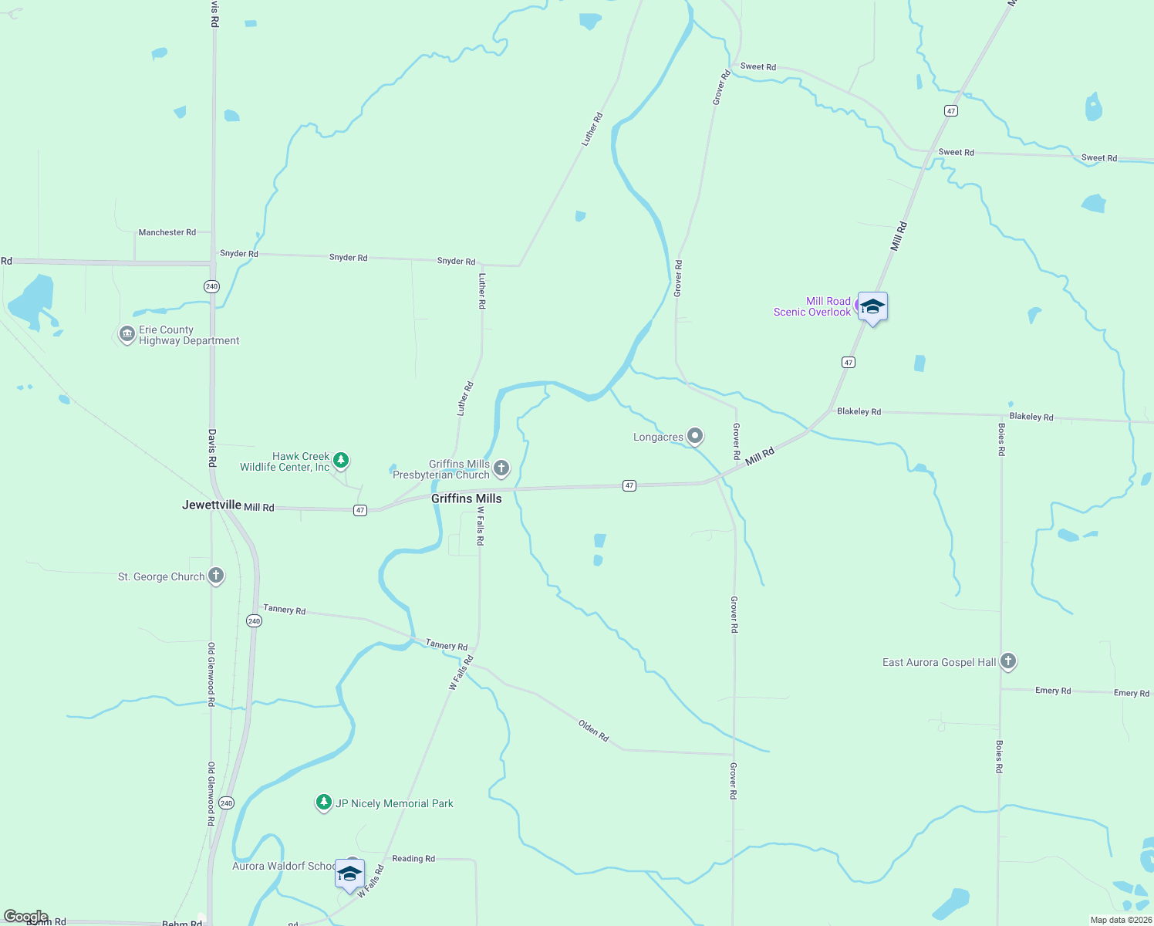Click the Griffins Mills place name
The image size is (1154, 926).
tap(466, 498)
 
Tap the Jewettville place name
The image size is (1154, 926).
tap(212, 505)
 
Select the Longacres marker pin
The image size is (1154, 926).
tap(695, 437)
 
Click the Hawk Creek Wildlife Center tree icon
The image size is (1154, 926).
tap(340, 461)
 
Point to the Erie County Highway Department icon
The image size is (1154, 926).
tap(127, 335)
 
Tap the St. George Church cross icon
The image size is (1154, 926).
tap(216, 576)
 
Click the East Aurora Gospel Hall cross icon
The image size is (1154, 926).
tap(1007, 661)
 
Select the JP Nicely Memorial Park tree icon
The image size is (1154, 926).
tap(324, 803)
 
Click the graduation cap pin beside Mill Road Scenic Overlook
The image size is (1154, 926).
tap(872, 307)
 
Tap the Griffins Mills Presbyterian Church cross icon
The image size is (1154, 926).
tap(501, 468)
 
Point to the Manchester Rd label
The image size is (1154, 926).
tap(167, 232)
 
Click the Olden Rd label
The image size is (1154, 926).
tap(594, 731)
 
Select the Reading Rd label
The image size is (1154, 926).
tap(413, 858)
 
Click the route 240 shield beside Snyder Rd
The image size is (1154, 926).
tap(211, 286)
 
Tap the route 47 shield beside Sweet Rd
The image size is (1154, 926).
tap(951, 111)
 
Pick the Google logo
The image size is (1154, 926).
tap(25, 917)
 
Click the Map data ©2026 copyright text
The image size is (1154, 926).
tap(1121, 920)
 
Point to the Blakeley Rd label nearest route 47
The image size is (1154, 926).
tap(859, 411)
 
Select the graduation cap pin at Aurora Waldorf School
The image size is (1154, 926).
tap(349, 874)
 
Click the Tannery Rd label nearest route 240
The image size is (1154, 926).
tap(284, 610)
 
